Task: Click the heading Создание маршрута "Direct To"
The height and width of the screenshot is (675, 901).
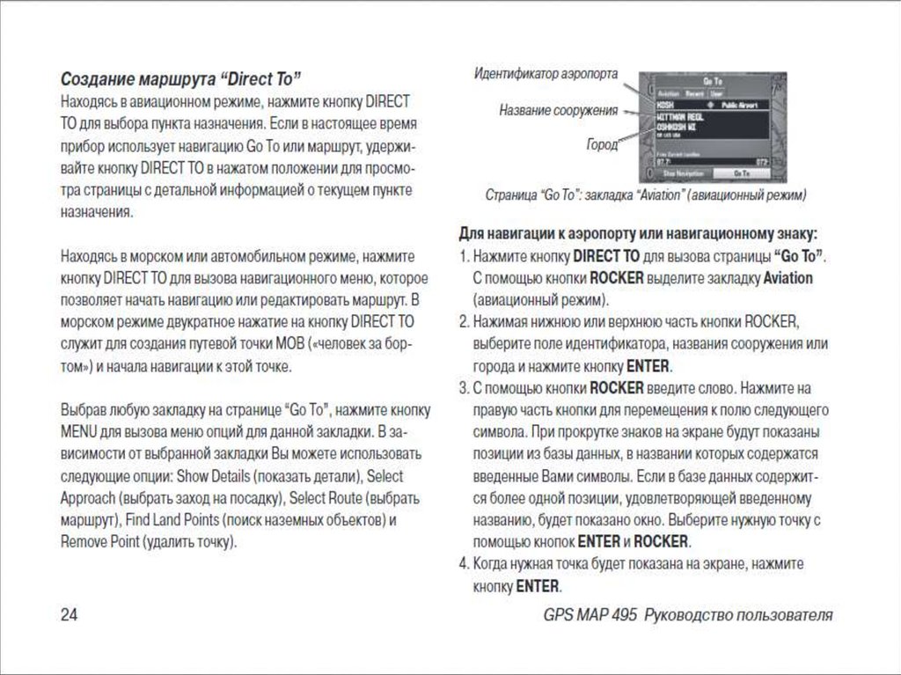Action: [x=180, y=77]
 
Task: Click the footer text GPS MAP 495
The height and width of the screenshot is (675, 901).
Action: [x=590, y=614]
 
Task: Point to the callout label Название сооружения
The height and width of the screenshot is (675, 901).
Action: [x=558, y=112]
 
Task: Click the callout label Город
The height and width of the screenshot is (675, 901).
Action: [x=602, y=143]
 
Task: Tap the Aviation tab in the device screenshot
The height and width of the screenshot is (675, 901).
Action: [x=669, y=92]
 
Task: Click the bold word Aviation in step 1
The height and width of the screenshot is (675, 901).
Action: [x=787, y=278]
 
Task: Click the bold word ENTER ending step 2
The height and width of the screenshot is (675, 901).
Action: [x=648, y=365]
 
